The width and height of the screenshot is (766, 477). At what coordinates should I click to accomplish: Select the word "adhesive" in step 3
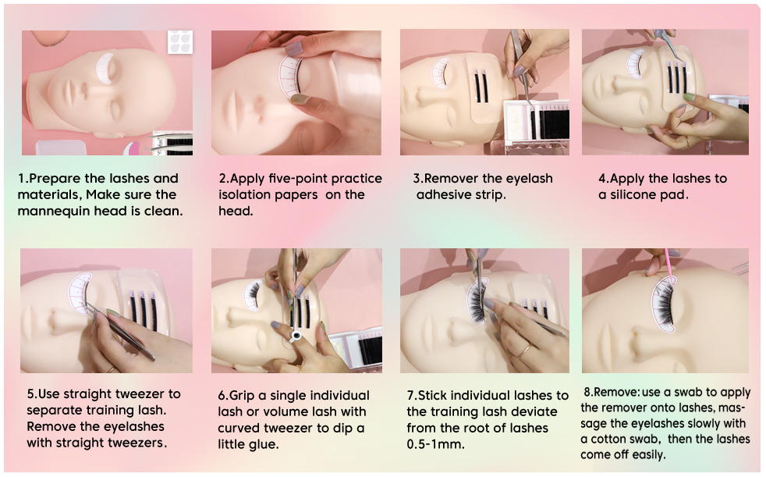tap(442, 194)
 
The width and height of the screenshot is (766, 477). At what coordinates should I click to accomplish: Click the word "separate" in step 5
tap(51, 411)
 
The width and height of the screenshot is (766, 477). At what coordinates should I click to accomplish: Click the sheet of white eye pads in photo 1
tap(180, 41)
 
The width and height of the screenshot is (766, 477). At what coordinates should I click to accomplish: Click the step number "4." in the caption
tap(604, 178)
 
